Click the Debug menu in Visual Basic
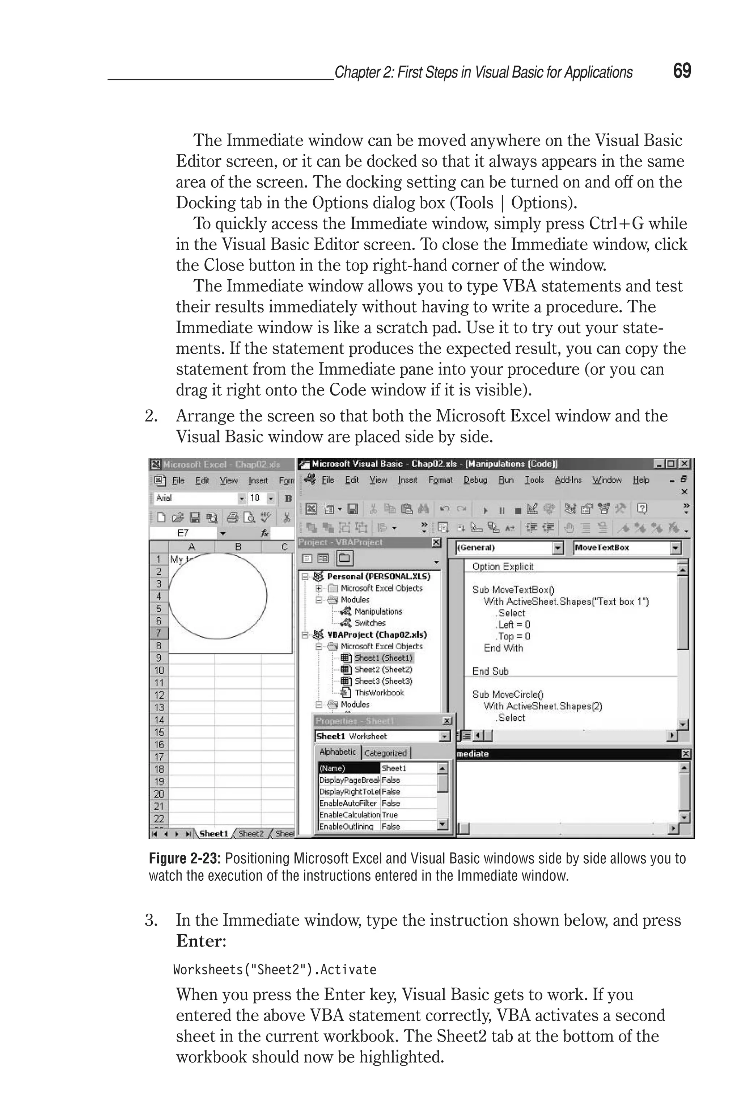(x=475, y=480)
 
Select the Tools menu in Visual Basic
(x=534, y=480)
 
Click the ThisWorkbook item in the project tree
(x=379, y=693)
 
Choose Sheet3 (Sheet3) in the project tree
(x=383, y=681)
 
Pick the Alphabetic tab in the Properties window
(x=338, y=752)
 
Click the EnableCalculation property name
(x=349, y=815)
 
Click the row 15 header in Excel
(x=159, y=732)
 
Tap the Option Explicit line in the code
(x=502, y=566)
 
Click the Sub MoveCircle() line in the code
(x=508, y=694)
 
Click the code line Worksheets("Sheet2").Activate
(x=275, y=970)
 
